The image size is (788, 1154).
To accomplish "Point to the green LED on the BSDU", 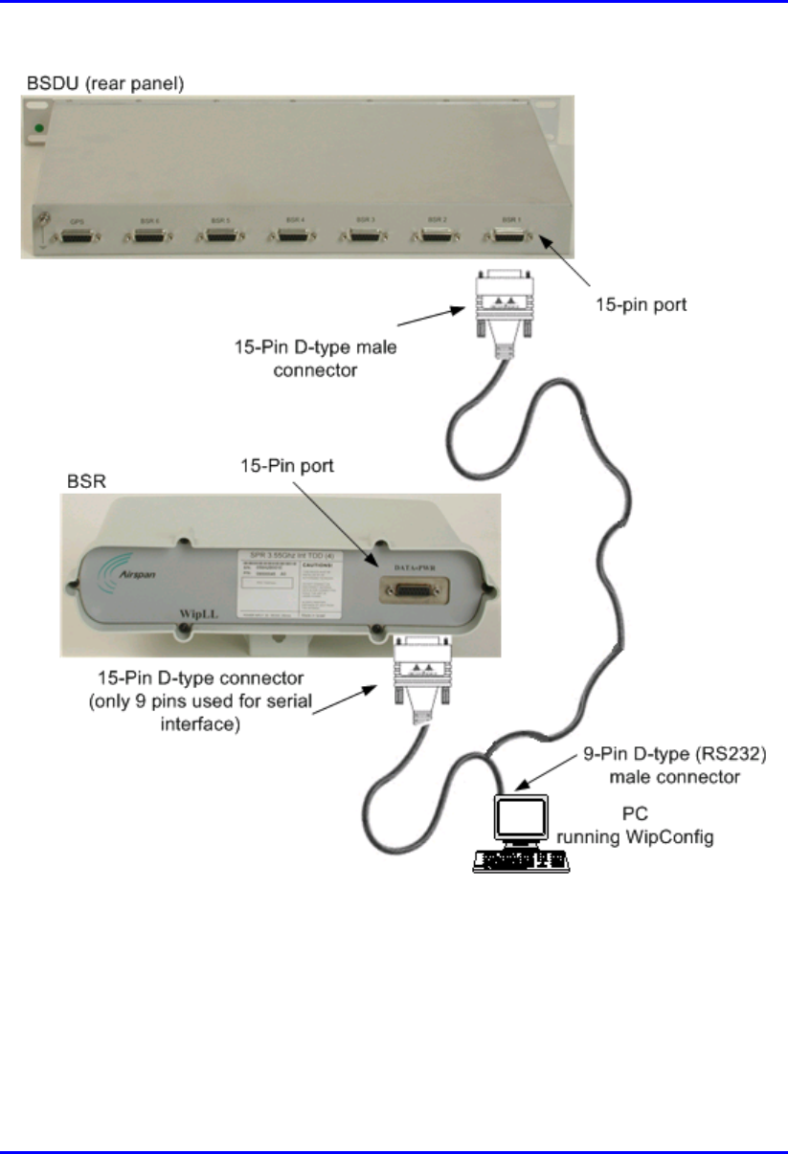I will pyautogui.click(x=38, y=127).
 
